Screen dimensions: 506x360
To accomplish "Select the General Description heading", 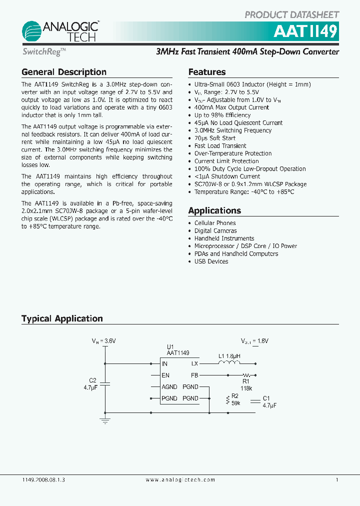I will coord(64,72).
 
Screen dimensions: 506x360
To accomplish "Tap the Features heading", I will coord(207,72).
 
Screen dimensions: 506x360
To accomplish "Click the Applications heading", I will coord(214,210).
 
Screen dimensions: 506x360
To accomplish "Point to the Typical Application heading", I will coord(62,318).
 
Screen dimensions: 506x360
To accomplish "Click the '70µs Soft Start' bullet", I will coord(215,138).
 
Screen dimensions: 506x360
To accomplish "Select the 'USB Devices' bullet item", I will coord(211,261).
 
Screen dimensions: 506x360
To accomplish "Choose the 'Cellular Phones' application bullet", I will coord(215,223).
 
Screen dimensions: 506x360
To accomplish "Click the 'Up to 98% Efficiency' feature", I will coord(222,115).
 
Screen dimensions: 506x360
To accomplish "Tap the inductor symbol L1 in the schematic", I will coord(229,363).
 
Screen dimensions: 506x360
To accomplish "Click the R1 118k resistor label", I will coord(246,383).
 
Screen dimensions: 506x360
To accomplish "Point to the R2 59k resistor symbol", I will coord(228,399).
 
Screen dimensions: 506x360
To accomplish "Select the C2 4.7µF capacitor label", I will coord(91,383).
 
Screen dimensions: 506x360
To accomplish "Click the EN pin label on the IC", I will coord(165,375).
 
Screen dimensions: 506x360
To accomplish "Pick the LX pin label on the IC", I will coord(194,364).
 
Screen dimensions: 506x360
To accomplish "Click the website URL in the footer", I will coord(180,479).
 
